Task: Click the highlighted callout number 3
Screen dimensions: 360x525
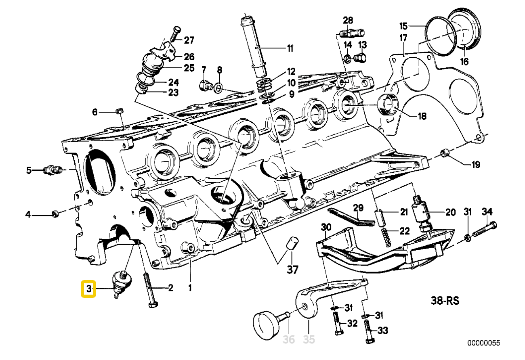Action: tap(88, 289)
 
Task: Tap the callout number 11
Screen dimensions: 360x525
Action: tap(290, 49)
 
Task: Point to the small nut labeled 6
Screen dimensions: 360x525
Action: tap(120, 111)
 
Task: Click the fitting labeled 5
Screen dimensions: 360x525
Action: tap(51, 170)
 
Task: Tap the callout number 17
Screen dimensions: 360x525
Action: tap(403, 38)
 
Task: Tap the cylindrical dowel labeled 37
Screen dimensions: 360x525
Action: tap(292, 244)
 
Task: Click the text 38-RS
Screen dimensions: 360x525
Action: tap(444, 300)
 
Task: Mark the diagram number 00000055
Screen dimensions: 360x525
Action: tap(483, 343)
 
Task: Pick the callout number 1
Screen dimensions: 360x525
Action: tap(190, 288)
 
